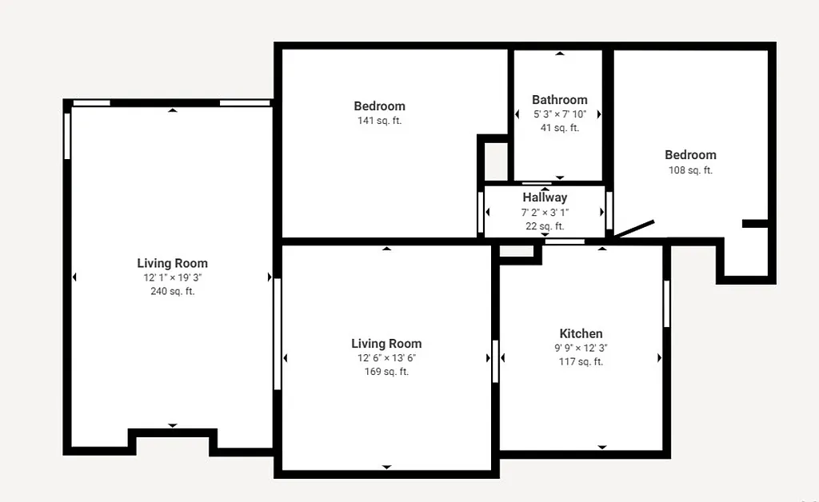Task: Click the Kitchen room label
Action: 581,333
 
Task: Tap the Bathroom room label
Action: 560,100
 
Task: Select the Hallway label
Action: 545,197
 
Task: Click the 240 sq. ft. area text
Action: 172,292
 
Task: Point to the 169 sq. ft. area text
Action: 386,372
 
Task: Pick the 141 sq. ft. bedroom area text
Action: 379,121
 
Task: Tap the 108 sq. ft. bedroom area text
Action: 690,169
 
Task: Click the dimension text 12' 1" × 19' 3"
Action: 172,277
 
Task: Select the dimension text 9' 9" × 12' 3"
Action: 581,348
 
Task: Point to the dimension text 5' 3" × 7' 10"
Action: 560,114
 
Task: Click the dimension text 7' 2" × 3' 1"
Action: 545,212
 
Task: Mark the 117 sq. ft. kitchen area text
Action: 581,362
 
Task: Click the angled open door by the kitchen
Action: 634,229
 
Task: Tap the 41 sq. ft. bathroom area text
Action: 560,128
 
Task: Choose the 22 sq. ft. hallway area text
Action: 545,225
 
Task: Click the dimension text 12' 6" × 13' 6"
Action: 386,358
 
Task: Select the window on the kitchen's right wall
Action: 666,303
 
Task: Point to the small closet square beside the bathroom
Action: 496,161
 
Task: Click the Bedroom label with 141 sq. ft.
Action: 379,106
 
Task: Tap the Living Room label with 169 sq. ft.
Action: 386,344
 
